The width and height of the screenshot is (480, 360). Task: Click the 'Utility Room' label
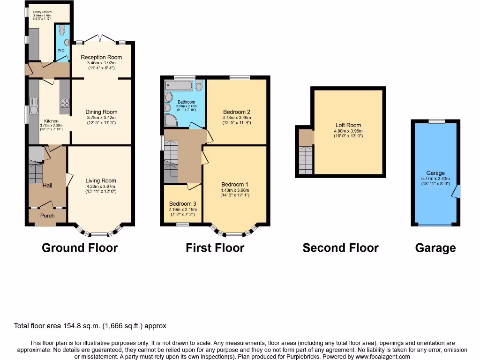pyautogui.click(x=42, y=12)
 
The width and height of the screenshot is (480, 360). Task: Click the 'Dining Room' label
pyautogui.click(x=101, y=112)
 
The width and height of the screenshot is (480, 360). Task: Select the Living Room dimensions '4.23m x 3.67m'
pyautogui.click(x=101, y=186)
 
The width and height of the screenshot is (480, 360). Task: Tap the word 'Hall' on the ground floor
pyautogui.click(x=47, y=186)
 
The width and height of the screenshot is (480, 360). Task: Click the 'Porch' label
pyautogui.click(x=47, y=216)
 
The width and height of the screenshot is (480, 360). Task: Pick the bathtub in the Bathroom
pyautogui.click(x=179, y=86)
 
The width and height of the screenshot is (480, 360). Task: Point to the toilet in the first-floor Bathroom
pyautogui.click(x=199, y=86)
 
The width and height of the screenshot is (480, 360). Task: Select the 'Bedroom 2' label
pyautogui.click(x=236, y=112)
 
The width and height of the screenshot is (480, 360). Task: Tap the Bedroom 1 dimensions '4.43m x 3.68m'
pyautogui.click(x=235, y=190)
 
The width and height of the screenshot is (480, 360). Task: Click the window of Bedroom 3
pyautogui.click(x=182, y=225)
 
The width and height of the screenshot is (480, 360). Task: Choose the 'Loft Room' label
pyautogui.click(x=348, y=125)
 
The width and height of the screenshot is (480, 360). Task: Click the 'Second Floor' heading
pyautogui.click(x=340, y=248)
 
